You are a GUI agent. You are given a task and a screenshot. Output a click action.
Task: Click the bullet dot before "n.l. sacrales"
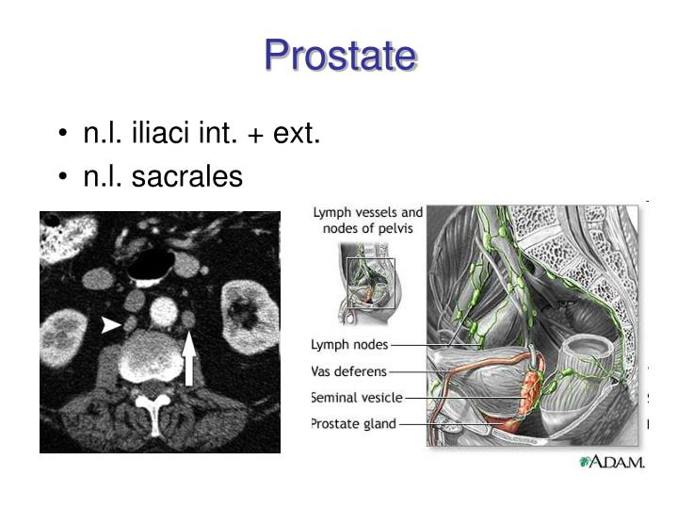(x=62, y=176)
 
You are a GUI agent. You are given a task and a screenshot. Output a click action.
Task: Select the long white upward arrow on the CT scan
(x=189, y=357)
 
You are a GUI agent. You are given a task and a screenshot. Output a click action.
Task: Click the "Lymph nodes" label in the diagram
(x=350, y=345)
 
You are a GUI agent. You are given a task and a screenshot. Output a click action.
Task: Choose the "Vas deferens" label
(x=349, y=371)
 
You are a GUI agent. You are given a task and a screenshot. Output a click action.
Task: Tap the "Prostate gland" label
(x=354, y=424)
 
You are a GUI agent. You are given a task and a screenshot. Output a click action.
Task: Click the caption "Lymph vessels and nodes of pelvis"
(x=368, y=221)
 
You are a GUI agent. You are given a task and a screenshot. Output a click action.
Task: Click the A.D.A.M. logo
(x=612, y=463)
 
